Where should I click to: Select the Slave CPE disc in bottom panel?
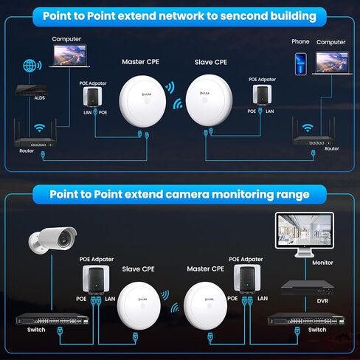[142, 305]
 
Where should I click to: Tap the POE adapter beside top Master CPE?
[94, 97]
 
